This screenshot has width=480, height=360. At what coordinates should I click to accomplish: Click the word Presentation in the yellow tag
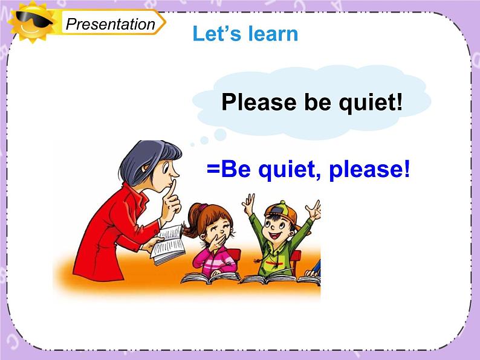click(110, 24)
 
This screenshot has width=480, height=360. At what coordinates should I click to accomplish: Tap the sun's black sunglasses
click(34, 19)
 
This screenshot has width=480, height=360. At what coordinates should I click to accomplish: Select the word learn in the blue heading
click(273, 33)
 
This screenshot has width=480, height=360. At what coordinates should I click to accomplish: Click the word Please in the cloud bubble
click(259, 103)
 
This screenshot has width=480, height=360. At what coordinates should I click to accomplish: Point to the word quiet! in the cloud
click(371, 103)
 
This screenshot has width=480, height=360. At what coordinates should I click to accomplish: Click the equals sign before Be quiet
click(213, 169)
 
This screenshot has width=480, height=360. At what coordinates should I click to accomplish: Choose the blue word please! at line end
click(369, 170)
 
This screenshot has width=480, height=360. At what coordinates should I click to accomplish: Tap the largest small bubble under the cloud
click(220, 135)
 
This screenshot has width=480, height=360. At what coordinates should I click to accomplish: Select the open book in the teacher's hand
click(168, 245)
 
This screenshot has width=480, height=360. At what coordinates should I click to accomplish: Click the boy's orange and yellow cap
click(282, 212)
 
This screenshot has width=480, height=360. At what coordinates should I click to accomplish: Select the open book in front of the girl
click(210, 277)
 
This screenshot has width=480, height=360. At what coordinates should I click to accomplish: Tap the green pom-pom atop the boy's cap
click(282, 203)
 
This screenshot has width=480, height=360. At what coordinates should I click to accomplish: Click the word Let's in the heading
click(217, 33)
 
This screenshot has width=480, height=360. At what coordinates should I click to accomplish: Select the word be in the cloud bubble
click(317, 101)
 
